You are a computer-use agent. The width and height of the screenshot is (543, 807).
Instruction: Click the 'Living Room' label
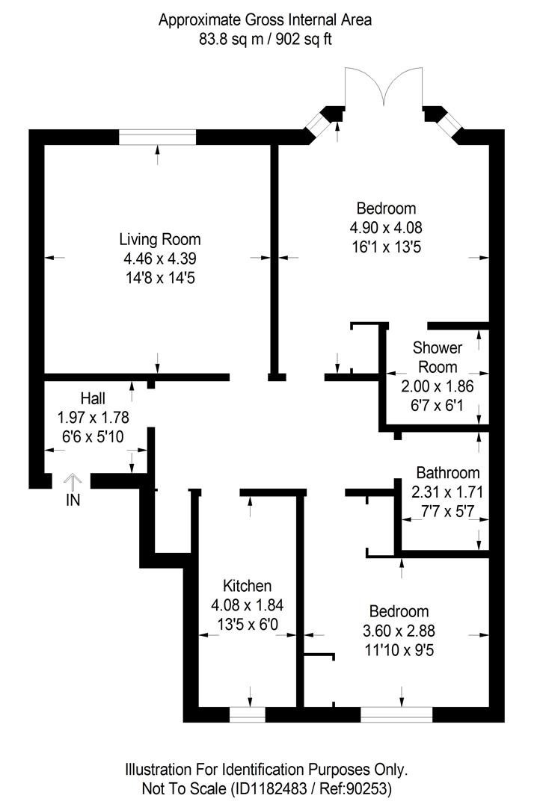159,240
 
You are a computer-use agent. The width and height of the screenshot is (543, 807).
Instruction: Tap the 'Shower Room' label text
438,357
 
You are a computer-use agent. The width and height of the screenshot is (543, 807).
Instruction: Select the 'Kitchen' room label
247,586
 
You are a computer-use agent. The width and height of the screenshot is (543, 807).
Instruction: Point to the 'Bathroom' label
447,473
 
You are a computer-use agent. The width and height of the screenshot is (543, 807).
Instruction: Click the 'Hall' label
93,398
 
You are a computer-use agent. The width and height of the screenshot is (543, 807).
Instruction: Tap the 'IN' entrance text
73,501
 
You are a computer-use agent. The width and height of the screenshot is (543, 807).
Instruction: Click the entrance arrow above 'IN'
73,480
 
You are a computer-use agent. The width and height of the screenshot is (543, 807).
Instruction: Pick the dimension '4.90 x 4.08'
385,227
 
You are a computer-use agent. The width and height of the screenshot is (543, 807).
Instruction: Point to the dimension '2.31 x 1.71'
447,492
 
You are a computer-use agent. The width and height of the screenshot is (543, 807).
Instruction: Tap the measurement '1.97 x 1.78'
93,418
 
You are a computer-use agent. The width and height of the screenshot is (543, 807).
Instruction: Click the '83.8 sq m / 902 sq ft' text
265,40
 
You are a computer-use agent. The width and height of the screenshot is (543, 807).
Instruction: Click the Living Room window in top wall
158,137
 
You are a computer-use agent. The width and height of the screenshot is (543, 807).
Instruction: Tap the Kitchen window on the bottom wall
248,715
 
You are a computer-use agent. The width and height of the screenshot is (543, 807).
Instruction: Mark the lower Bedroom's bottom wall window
396,715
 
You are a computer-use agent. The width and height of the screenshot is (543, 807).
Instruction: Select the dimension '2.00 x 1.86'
438,386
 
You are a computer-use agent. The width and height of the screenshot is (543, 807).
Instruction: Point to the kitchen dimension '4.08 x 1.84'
247,605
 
